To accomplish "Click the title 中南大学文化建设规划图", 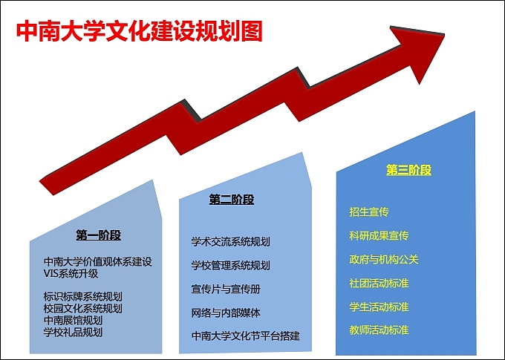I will coord(140,32).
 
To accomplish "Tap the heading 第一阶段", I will coord(98,235).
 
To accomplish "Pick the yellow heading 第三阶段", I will coord(408,170).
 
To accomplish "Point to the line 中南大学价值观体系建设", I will coord(98,261).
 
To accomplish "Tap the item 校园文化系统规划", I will coord(83,308).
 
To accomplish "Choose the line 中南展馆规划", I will coord(78,320).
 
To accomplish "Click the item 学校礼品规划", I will coord(78,332).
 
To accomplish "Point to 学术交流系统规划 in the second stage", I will coord(230,242).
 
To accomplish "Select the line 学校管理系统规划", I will coord(230,265).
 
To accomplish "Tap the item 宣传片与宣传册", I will coord(226,289).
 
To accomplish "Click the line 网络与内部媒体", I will coord(226,312).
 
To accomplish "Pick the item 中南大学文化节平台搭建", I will coord(245,336).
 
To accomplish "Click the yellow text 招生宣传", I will coord(369,212).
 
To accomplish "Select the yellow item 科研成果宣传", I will coord(379,236).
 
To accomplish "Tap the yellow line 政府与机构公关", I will coord(384,260).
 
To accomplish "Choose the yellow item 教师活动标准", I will coord(379,330).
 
